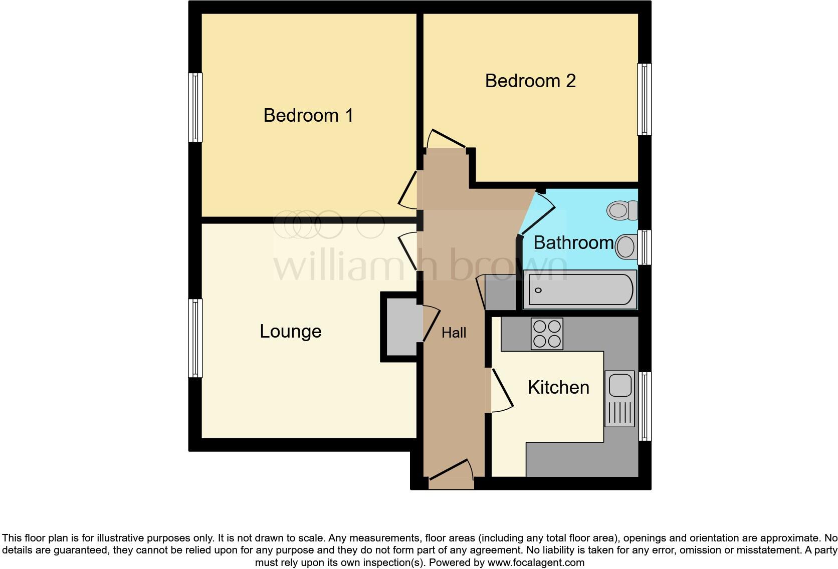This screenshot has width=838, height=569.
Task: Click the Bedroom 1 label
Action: coord(308,116)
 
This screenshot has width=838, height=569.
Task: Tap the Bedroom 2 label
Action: coord(530,81)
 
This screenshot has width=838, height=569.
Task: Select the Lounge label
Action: coord(290,332)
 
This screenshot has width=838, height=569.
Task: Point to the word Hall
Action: coord(454,333)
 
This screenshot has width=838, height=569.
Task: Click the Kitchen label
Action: coord(558,387)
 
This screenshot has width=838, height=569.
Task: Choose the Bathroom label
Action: coord(573,243)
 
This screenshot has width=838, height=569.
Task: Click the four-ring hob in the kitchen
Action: coord(547,334)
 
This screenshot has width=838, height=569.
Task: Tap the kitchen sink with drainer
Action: coord(620,398)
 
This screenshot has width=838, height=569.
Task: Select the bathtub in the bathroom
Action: coord(579,290)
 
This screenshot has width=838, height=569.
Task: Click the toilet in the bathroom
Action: coord(622,210)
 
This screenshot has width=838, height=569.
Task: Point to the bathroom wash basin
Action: coord(626,246)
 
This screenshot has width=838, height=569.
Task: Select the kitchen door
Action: coord(502,390)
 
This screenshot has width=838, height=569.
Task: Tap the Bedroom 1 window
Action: coord(195,107)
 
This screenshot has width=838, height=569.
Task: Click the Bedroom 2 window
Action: coord(645,99)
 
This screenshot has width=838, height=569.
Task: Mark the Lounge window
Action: coord(195,338)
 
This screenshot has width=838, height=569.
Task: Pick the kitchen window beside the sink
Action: coord(645,406)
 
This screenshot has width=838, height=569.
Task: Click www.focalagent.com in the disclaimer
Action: coord(536,562)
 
